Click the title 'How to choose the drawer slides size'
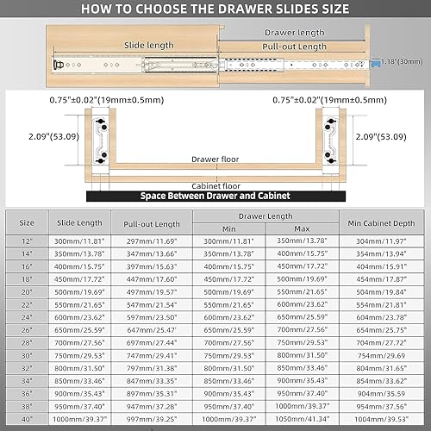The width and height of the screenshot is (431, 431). [x=215, y=9]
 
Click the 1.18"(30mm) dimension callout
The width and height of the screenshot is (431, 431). [x=403, y=62]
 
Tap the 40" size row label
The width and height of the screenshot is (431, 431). [x=27, y=420]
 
